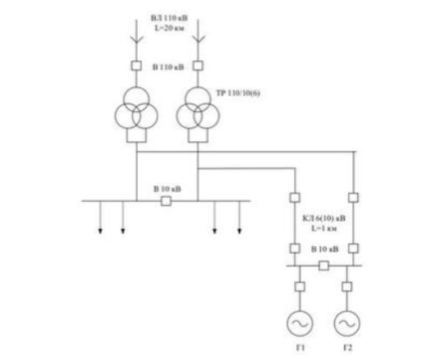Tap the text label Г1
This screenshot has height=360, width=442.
(301, 348)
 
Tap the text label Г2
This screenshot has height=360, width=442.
(348, 348)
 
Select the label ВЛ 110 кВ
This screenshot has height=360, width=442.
(169, 19)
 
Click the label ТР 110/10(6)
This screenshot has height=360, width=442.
(238, 93)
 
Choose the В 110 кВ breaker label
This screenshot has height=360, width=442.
(168, 67)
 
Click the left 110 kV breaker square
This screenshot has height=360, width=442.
(137, 66)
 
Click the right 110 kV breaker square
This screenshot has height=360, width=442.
(198, 66)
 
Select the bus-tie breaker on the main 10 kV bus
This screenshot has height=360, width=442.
(166, 201)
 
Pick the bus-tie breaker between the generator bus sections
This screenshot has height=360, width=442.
(324, 266)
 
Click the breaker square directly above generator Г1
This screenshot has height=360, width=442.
(299, 287)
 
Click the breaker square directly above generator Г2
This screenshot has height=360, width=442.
(346, 287)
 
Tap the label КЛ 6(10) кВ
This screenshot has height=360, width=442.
(324, 219)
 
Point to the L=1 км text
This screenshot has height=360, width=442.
(324, 228)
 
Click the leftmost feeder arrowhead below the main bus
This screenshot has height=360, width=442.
(100, 231)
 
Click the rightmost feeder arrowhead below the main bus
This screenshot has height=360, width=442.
(239, 231)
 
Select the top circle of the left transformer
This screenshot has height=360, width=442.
(137, 99)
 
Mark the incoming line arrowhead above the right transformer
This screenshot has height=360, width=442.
(198, 39)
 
